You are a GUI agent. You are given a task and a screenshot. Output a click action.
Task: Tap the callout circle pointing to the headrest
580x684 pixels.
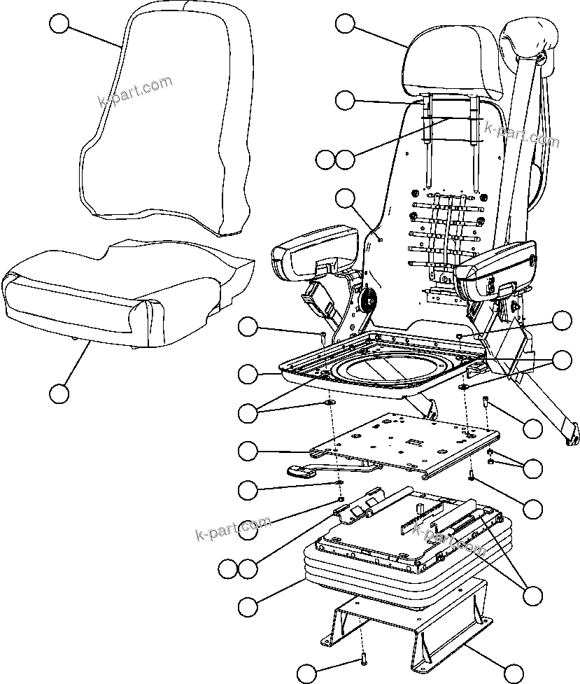(345, 24)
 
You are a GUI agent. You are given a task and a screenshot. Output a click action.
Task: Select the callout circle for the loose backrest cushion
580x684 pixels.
(59, 25)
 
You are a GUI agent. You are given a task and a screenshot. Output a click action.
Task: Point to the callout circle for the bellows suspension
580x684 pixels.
(248, 606)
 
